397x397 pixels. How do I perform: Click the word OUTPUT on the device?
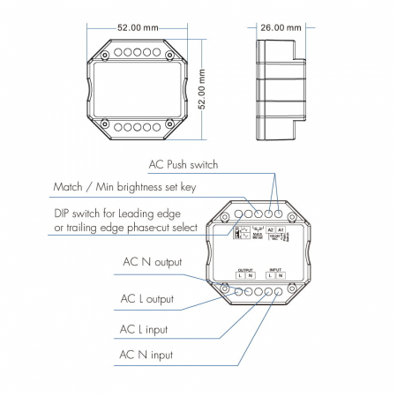(x=245, y=269)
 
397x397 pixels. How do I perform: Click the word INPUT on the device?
(x=275, y=269)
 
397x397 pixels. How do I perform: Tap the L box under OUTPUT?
(x=239, y=278)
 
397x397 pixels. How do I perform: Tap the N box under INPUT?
(x=281, y=278)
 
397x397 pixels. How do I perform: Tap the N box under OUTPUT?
(x=251, y=278)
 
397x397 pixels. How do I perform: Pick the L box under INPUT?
(x=269, y=278)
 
